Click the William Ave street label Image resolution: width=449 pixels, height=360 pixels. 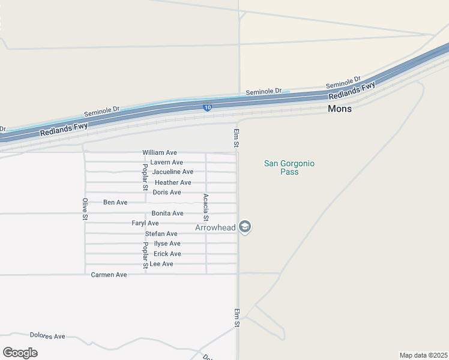pyautogui.click(x=159, y=152)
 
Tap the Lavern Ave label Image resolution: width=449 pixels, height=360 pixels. pyautogui.click(x=166, y=162)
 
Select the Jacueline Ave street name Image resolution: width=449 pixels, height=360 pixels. pyautogui.click(x=172, y=172)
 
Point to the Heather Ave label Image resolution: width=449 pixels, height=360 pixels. pyautogui.click(x=173, y=182)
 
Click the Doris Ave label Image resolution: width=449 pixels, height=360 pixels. pyautogui.click(x=166, y=192)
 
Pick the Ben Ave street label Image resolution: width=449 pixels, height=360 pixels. pyautogui.click(x=115, y=202)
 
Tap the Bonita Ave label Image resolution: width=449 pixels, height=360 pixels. pyautogui.click(x=167, y=213)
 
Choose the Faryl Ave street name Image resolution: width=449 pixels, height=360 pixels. pyautogui.click(x=145, y=223)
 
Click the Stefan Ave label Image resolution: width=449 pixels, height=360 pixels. pyautogui.click(x=161, y=233)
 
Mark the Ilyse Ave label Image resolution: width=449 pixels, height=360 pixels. pyautogui.click(x=167, y=244)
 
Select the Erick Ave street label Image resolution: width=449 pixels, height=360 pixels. pyautogui.click(x=167, y=254)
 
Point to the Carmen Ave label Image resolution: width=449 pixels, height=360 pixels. pyautogui.click(x=109, y=274)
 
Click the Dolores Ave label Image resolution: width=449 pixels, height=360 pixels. pyautogui.click(x=47, y=336)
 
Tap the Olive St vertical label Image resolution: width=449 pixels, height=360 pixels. pyautogui.click(x=85, y=208)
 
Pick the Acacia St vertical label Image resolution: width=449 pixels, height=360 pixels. pyautogui.click(x=206, y=207)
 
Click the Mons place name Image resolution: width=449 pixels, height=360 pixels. pyautogui.click(x=340, y=109)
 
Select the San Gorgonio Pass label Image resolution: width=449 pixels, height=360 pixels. pyautogui.click(x=289, y=167)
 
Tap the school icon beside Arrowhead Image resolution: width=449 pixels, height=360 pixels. pyautogui.click(x=244, y=227)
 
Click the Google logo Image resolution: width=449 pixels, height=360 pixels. pyautogui.click(x=20, y=352)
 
